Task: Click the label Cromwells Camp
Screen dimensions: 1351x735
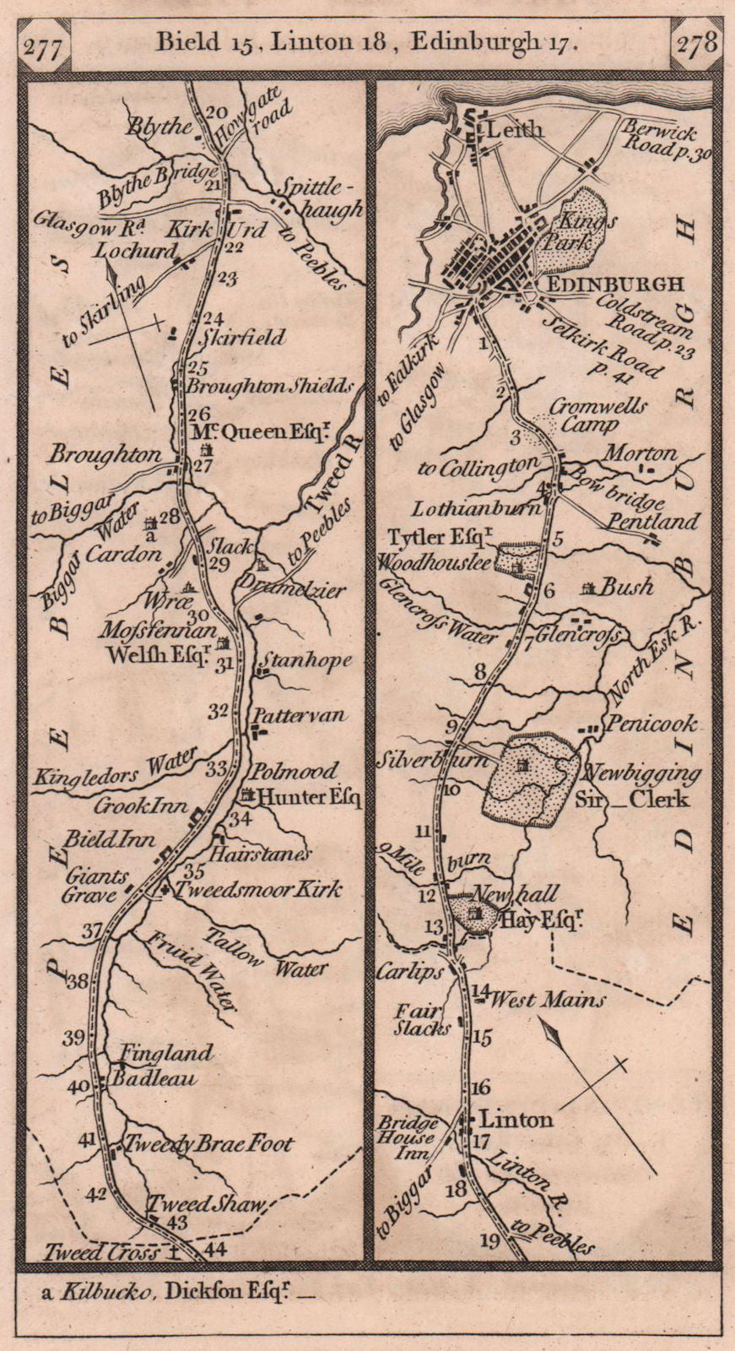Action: pos(597,415)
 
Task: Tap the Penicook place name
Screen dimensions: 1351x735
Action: pos(651,724)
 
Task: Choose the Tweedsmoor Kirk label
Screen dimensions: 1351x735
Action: pos(257,889)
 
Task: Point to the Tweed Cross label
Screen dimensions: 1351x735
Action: pos(102,1253)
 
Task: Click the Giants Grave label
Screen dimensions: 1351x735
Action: pos(94,886)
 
